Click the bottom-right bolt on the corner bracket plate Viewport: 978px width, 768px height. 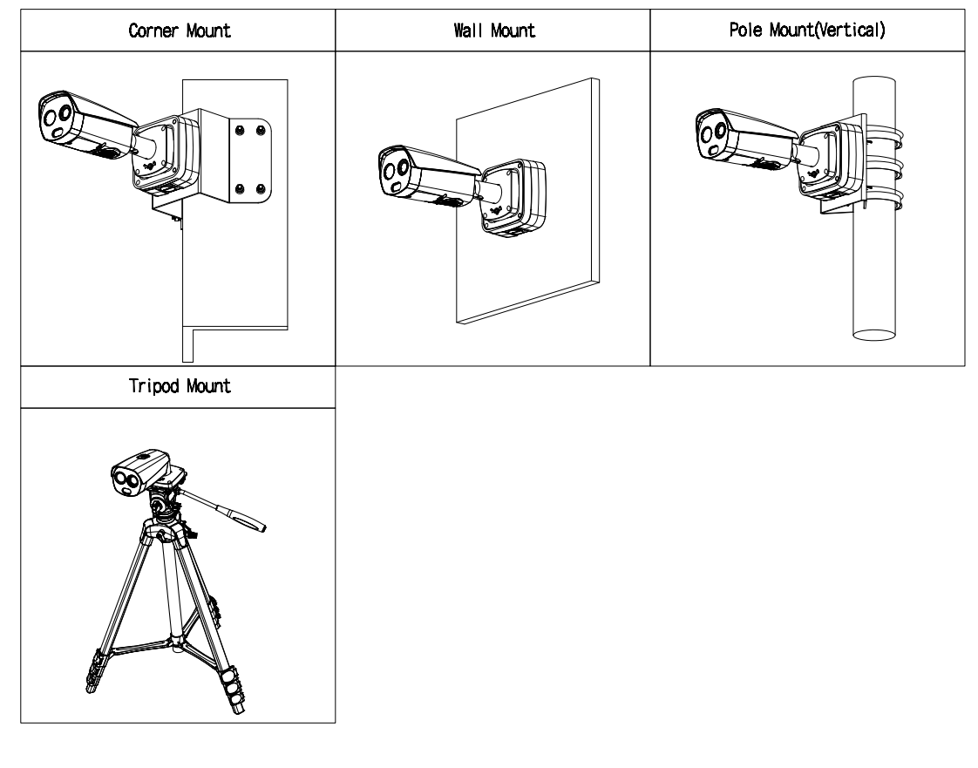(x=262, y=188)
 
